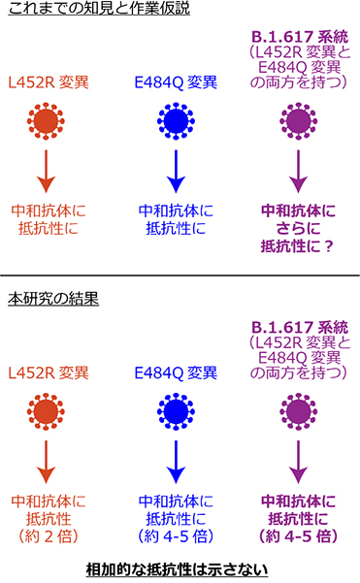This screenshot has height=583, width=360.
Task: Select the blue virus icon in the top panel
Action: (x=176, y=125)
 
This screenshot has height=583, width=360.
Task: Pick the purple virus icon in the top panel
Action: (x=299, y=125)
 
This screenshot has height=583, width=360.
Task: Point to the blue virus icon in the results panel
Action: (x=176, y=412)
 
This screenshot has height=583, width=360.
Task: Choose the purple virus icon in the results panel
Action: (x=299, y=412)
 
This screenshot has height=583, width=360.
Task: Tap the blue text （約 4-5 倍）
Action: (x=176, y=536)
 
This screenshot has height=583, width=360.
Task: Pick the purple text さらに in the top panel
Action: (x=299, y=228)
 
